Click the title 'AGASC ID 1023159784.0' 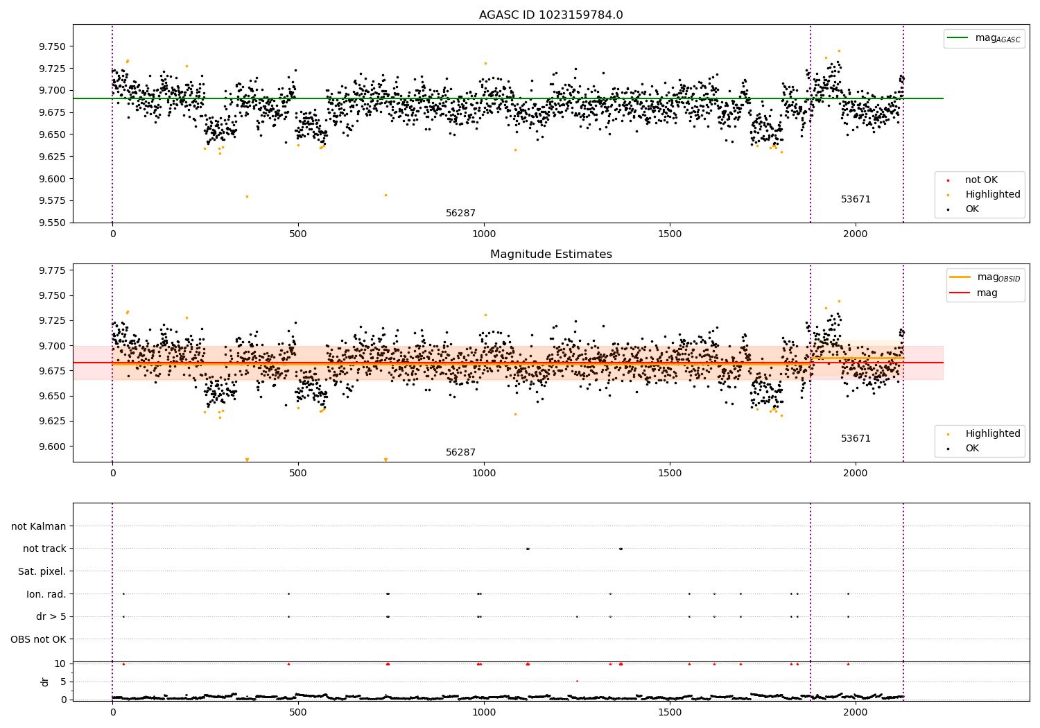pyautogui.click(x=551, y=15)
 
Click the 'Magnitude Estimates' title pyautogui.click(x=551, y=254)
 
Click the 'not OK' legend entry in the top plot pyautogui.click(x=981, y=180)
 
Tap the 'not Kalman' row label pyautogui.click(x=39, y=526)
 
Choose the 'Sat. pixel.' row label pyautogui.click(x=42, y=571)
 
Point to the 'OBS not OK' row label pyautogui.click(x=38, y=639)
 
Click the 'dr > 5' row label pyautogui.click(x=51, y=616)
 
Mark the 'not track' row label pyautogui.click(x=44, y=549)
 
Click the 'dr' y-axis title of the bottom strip pyautogui.click(x=45, y=682)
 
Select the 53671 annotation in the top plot pyautogui.click(x=856, y=200)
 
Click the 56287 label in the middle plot pyautogui.click(x=460, y=453)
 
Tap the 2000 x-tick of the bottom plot pyautogui.click(x=856, y=712)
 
